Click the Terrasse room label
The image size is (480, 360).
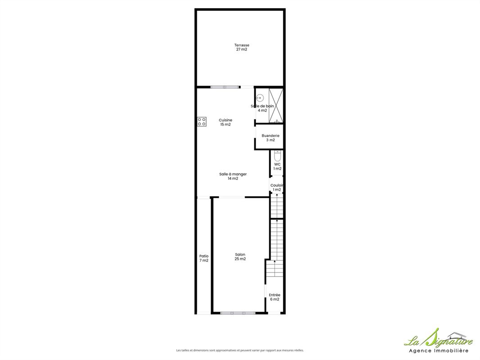pyautogui.click(x=241, y=45)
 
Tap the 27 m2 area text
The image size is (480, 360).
pyautogui.click(x=241, y=49)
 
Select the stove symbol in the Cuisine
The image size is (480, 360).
pyautogui.click(x=202, y=122)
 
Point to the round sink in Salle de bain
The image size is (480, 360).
pyautogui.click(x=260, y=98)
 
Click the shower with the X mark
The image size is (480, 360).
pyautogui.click(x=276, y=106)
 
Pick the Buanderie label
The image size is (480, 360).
pyautogui.click(x=270, y=135)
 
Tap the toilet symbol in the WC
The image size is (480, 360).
pyautogui.click(x=277, y=156)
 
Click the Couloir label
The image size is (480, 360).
pyautogui.click(x=277, y=185)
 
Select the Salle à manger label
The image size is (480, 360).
pyautogui.click(x=233, y=174)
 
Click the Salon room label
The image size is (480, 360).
pyautogui.click(x=240, y=255)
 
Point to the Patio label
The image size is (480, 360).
pyautogui.click(x=204, y=256)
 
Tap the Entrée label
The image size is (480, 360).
pyautogui.click(x=275, y=295)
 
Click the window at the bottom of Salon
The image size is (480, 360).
pyautogui.click(x=238, y=313)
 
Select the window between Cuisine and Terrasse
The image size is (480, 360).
pyautogui.click(x=225, y=87)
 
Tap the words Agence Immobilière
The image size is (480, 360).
pyautogui.click(x=439, y=351)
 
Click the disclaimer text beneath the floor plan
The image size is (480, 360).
pyautogui.click(x=240, y=351)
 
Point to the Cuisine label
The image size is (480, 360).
pyautogui.click(x=225, y=120)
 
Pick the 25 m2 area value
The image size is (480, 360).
pyautogui.click(x=240, y=259)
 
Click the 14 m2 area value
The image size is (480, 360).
pyautogui.click(x=233, y=178)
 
